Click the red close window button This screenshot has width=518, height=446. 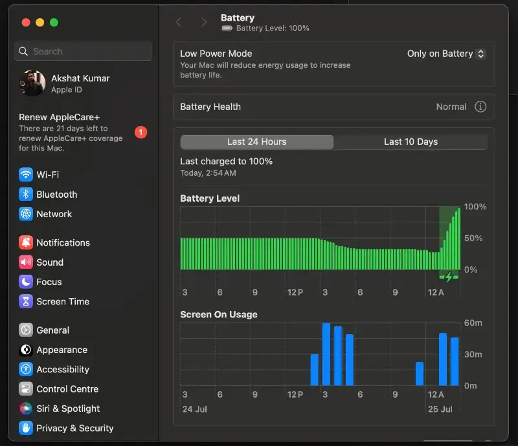pyautogui.click(x=26, y=23)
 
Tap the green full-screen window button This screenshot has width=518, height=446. pyautogui.click(x=54, y=23)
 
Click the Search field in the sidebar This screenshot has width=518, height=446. pyautogui.click(x=84, y=51)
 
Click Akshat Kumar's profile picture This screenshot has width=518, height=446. pyautogui.click(x=32, y=83)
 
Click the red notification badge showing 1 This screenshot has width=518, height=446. pyautogui.click(x=141, y=133)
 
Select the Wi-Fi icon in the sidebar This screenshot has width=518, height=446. pyautogui.click(x=26, y=175)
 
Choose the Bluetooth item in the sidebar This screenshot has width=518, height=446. pyautogui.click(x=48, y=195)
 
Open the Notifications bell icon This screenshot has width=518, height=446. pyautogui.click(x=26, y=242)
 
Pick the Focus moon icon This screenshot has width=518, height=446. pyautogui.click(x=26, y=282)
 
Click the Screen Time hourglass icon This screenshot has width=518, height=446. pyautogui.click(x=26, y=301)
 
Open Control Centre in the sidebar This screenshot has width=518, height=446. pyautogui.click(x=59, y=389)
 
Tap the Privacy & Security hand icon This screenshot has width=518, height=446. pyautogui.click(x=26, y=428)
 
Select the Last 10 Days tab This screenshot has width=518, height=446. pyautogui.click(x=411, y=142)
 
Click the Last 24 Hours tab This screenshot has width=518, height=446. pyautogui.click(x=256, y=142)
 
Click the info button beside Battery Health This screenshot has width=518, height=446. pyautogui.click(x=480, y=107)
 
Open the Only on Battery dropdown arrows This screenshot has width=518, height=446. pyautogui.click(x=480, y=54)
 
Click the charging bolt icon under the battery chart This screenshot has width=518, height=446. pyautogui.click(x=449, y=277)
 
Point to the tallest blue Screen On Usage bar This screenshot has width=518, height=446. pyautogui.click(x=326, y=354)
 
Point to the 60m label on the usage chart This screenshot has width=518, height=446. pyautogui.click(x=473, y=323)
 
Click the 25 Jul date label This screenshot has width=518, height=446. pyautogui.click(x=440, y=409)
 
